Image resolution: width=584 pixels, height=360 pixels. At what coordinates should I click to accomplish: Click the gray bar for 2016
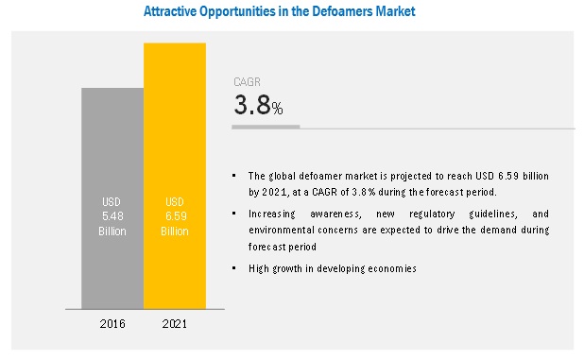coord(112,198)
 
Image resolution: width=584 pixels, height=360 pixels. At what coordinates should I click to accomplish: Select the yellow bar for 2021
coord(175,176)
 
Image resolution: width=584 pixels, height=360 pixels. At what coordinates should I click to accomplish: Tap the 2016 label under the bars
coord(112,324)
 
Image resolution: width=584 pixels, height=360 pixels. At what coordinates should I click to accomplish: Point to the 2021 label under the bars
coord(175,324)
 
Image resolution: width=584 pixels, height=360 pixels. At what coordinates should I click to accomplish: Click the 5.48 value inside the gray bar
coord(112,216)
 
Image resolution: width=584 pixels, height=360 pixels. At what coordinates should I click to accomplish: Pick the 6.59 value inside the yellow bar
coord(176,216)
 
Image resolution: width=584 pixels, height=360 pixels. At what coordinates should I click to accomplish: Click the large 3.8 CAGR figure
coord(252,105)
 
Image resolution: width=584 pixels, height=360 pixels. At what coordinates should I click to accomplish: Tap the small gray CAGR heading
coord(247,82)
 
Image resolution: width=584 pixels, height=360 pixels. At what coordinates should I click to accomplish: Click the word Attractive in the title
coord(170,11)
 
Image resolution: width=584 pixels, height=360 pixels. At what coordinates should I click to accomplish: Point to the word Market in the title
coord(395,11)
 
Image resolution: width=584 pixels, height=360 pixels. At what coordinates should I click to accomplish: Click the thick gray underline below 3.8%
coord(266,127)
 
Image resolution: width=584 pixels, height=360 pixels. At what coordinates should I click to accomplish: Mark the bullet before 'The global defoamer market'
coord(234,175)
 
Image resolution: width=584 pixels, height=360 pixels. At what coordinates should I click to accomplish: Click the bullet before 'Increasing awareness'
coord(234,214)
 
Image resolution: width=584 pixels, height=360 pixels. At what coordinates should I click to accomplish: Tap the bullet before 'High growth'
coord(234,267)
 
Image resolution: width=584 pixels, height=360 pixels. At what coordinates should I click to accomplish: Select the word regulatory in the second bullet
coord(432,214)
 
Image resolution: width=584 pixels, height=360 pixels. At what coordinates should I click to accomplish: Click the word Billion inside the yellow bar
coord(175,231)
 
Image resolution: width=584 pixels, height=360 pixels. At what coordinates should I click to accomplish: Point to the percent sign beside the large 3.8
coord(277,109)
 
